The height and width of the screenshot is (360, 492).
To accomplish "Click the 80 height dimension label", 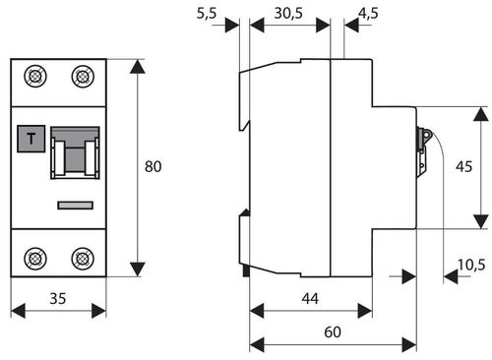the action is [153, 166].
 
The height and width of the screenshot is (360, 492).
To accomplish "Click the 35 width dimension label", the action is [58, 298].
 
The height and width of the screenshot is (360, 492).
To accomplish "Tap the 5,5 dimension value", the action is [207, 14].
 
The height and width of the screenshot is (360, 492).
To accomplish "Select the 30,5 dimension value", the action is [288, 14].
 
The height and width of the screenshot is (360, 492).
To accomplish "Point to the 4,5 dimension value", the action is [368, 14].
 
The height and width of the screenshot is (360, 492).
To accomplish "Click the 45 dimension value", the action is [463, 166].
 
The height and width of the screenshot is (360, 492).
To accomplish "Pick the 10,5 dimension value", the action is [471, 265].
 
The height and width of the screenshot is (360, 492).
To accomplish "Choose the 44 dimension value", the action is [310, 298].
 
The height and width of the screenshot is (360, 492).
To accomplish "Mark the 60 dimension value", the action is [333, 331].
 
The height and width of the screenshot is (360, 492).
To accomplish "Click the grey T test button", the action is [31, 139].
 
